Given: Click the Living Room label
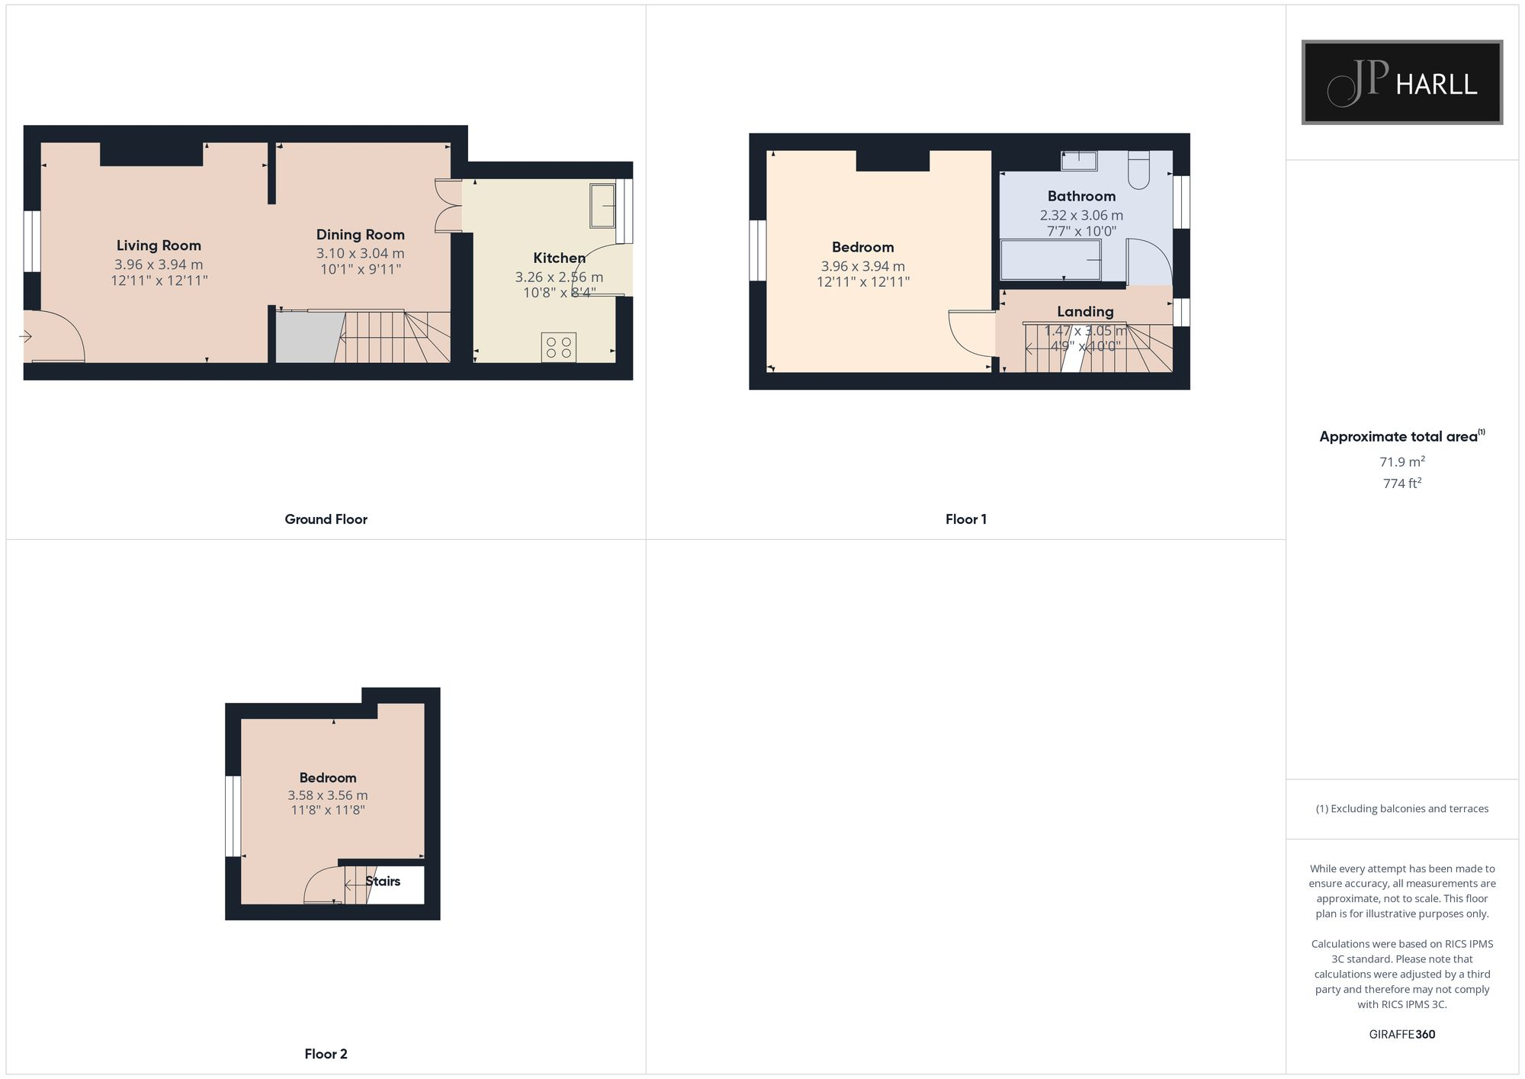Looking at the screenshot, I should [x=159, y=246].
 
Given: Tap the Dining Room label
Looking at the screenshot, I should [x=360, y=235].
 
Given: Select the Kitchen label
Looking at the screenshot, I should [x=559, y=258].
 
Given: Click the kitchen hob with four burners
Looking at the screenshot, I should [x=558, y=348].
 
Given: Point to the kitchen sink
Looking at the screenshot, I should [x=602, y=205].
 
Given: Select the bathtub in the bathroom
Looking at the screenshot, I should [x=1051, y=260].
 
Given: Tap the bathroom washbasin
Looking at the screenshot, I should [x=1079, y=160].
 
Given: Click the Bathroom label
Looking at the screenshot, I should [x=1081, y=196].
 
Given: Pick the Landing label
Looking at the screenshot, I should [x=1085, y=311].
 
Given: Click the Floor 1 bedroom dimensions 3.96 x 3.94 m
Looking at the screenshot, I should [x=862, y=266].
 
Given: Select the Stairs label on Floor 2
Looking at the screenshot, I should [x=383, y=881].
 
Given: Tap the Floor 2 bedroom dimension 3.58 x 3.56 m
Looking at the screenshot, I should [x=328, y=795].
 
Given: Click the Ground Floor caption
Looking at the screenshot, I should [x=326, y=519].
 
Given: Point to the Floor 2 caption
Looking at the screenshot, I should [x=326, y=1054].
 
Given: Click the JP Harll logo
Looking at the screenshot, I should [x=1401, y=82].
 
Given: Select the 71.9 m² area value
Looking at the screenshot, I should [x=1401, y=461].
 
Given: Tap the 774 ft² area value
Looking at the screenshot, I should [x=1401, y=483].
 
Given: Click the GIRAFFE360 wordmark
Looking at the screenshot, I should [x=1401, y=1034].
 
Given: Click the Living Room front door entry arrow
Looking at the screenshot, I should [x=27, y=336].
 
